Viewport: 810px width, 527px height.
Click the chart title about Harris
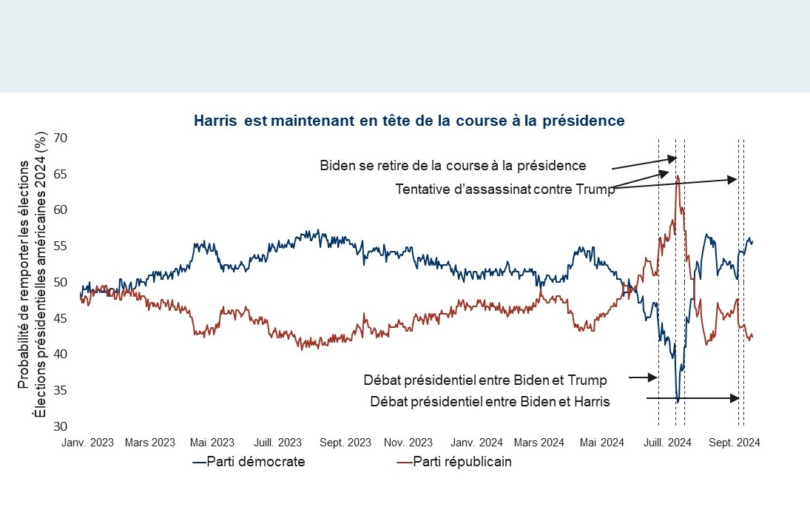point(409,120)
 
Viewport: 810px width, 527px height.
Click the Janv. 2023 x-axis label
point(88,443)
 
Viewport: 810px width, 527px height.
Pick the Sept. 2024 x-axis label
point(735,443)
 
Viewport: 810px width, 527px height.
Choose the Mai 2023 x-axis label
point(212,443)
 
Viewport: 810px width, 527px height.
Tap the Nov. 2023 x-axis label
point(408,443)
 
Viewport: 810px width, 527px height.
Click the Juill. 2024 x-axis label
point(669,443)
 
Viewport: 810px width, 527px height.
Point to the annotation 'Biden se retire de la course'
point(453,165)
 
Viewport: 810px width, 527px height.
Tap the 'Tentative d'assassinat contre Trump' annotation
point(505,189)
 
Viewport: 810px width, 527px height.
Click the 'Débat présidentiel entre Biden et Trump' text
point(485,380)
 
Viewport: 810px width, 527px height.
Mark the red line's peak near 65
point(678,176)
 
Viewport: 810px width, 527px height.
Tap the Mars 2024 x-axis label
point(539,443)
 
